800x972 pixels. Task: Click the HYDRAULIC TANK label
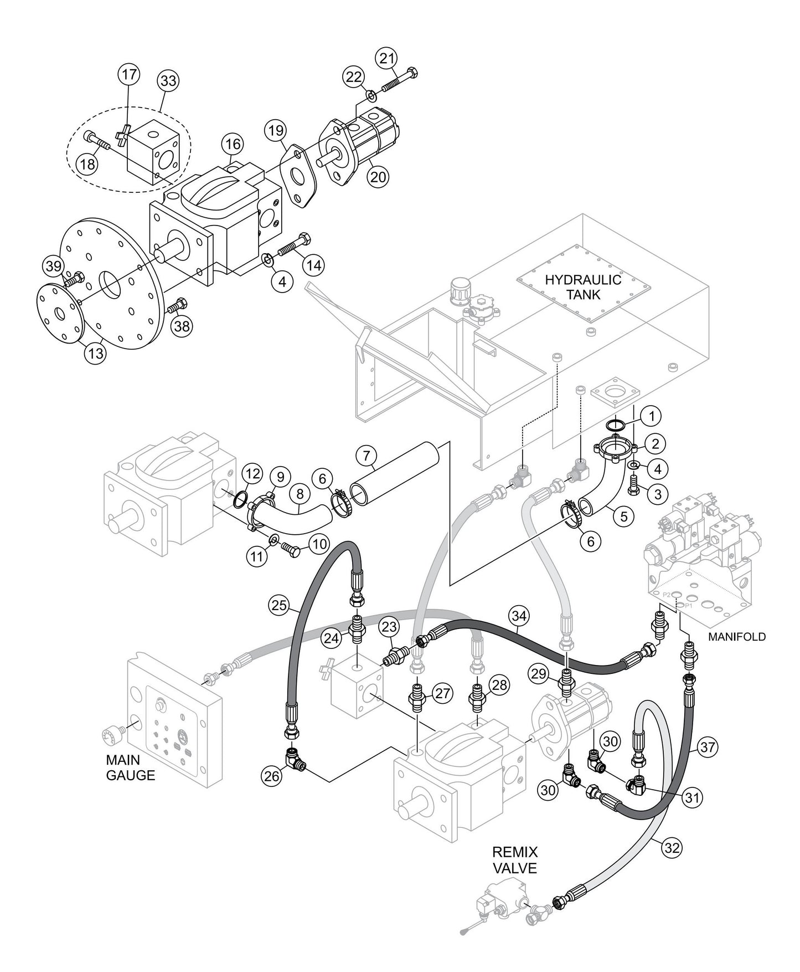(583, 287)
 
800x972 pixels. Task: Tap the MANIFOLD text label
(737, 637)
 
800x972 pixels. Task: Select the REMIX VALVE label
(515, 860)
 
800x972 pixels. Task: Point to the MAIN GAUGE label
(131, 768)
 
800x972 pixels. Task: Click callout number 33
(168, 80)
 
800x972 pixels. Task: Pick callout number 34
(520, 616)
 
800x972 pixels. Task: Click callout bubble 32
(672, 847)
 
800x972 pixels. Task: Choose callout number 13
(95, 353)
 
